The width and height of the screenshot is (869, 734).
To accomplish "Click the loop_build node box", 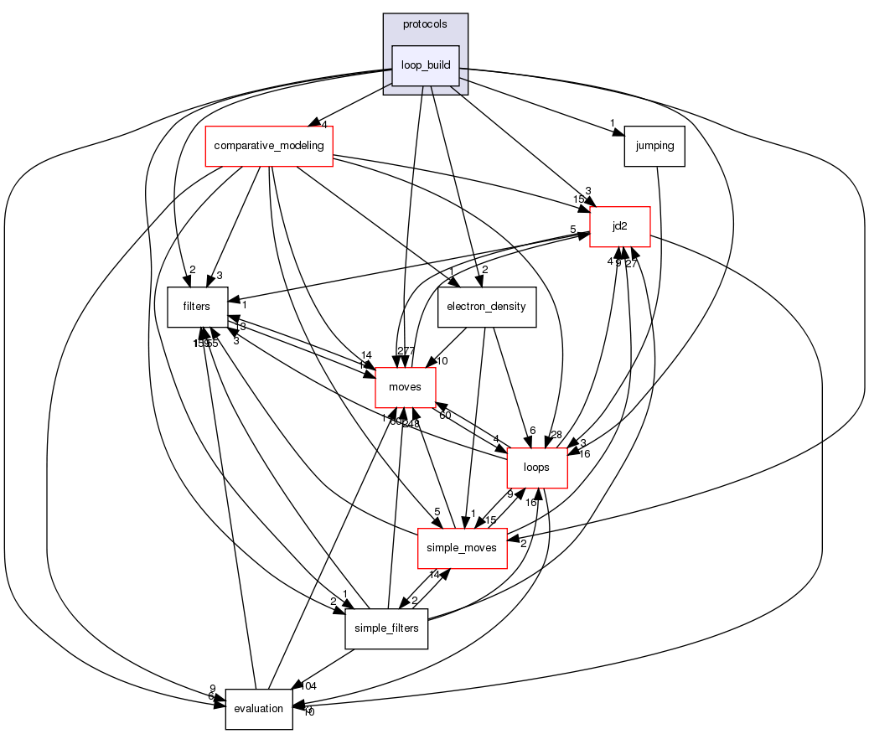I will tap(426, 65).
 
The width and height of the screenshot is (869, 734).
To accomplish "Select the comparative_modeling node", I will tap(270, 146).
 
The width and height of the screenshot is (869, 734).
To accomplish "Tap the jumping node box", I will tap(654, 146).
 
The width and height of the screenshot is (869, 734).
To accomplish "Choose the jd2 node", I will tap(620, 226).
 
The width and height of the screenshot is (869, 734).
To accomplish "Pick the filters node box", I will tap(198, 307).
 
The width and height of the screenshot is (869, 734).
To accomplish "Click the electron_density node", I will tap(486, 307).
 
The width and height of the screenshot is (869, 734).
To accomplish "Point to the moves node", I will tap(406, 387).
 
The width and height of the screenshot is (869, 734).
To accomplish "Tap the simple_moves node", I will tap(462, 548).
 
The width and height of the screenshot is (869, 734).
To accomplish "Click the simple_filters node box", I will tap(386, 628).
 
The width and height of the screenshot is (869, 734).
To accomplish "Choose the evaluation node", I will tap(258, 709).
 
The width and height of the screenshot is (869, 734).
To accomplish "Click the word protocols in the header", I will tap(425, 24).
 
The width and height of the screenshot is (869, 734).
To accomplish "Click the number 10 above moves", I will tap(443, 361).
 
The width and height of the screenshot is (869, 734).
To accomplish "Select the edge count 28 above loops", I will tap(556, 434).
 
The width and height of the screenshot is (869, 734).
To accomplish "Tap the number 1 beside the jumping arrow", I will tap(613, 124).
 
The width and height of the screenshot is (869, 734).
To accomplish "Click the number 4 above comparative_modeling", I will tap(323, 125).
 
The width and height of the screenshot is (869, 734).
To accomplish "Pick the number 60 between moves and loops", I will tap(445, 416).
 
